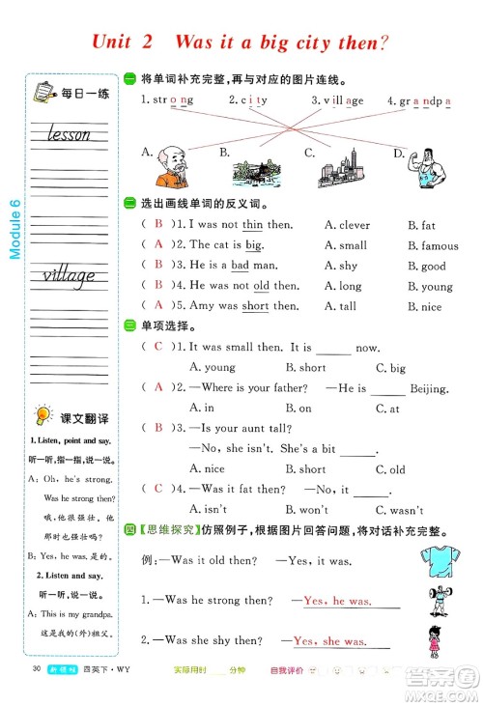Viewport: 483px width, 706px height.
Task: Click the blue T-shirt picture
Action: pyautogui.click(x=437, y=560)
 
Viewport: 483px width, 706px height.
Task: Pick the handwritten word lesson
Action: pyautogui.click(x=68, y=134)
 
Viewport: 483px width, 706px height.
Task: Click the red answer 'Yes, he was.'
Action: pyautogui.click(x=337, y=601)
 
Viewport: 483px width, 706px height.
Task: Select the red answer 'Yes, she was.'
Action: pyautogui.click(x=328, y=640)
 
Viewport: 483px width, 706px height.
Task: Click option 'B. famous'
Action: pyautogui.click(x=433, y=245)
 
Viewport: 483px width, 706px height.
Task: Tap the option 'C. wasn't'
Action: pyautogui.click(x=399, y=509)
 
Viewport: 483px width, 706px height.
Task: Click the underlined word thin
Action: pyautogui.click(x=253, y=225)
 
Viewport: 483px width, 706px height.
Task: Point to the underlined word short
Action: pyautogui.click(x=256, y=306)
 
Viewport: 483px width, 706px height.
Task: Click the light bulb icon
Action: pyautogui.click(x=42, y=417)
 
